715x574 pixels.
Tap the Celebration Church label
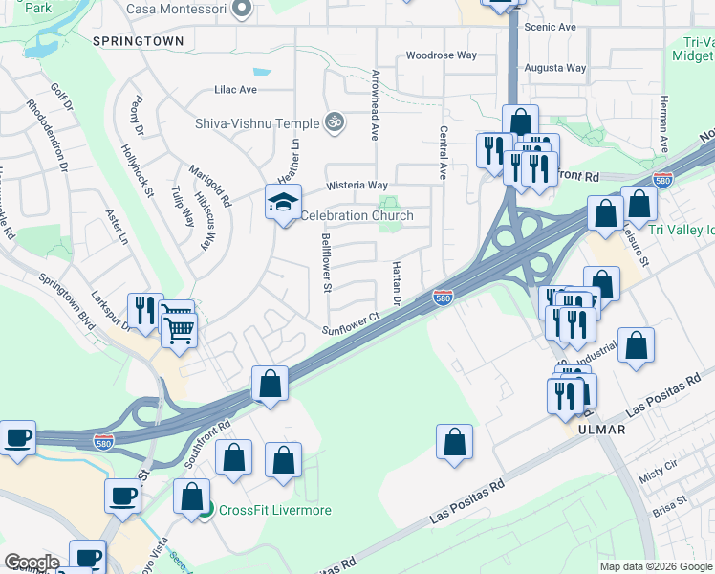tap(357, 215)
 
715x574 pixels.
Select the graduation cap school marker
tap(284, 204)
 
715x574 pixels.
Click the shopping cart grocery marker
tap(179, 329)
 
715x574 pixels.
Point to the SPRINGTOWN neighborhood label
tap(139, 41)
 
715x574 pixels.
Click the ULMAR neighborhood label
tap(601, 430)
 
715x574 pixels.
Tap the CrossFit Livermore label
tap(274, 510)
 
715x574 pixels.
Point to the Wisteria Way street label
tap(357, 185)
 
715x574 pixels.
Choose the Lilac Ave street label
tap(236, 90)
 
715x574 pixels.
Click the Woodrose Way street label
tap(441, 55)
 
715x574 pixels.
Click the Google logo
tap(32, 563)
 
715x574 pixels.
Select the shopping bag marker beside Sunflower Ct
tap(271, 384)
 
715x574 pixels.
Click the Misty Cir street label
tap(658, 474)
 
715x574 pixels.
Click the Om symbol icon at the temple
tap(334, 122)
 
